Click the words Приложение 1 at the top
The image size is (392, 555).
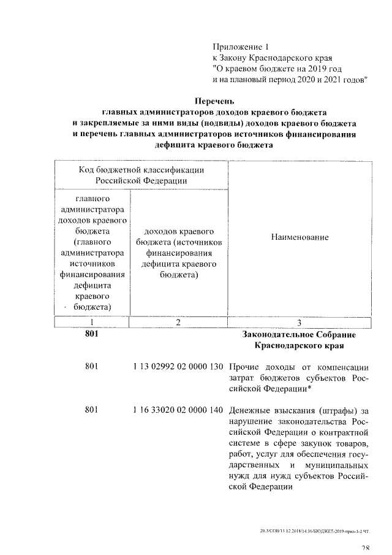pos(240,47)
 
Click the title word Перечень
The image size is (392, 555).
pos(214,101)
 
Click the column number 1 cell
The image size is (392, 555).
pos(92,323)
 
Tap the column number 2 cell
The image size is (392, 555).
pos(178,323)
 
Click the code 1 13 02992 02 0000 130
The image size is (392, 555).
pos(178,367)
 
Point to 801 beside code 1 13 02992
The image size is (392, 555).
pos(92,367)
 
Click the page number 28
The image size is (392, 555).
pos(366,548)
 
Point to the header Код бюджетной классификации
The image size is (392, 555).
pos(141,169)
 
